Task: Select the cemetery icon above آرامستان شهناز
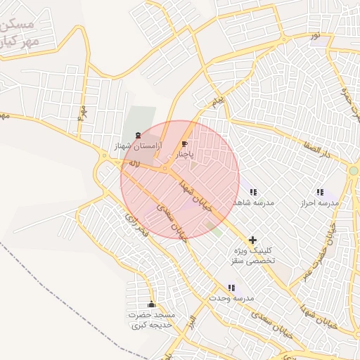[x=138, y=134]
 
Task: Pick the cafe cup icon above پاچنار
[x=184, y=143]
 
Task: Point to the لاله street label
[x=131, y=164]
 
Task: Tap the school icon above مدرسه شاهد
[x=252, y=192]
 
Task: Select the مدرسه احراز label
[x=320, y=202]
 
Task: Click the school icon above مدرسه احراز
[x=320, y=192]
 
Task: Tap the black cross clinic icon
[x=253, y=240]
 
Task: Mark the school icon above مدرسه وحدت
[x=231, y=288]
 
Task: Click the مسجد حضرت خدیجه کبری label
[x=152, y=320]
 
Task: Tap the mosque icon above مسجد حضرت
[x=152, y=304]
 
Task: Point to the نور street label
[x=316, y=35]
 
